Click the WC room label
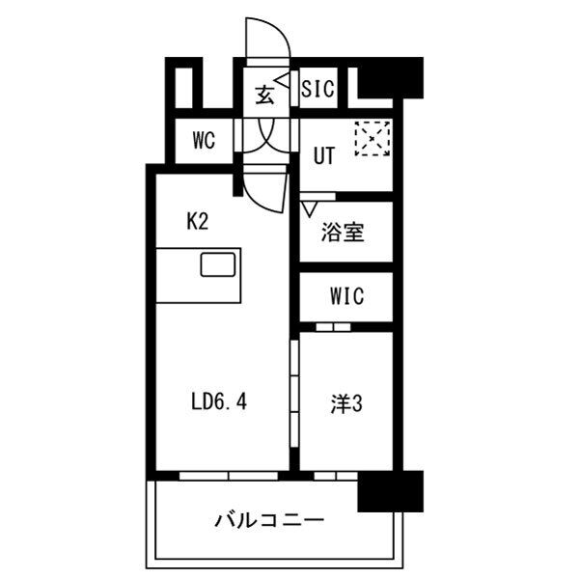[x=204, y=141]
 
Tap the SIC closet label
[x=317, y=89]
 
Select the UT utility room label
[x=324, y=155]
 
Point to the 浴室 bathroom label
[x=343, y=233]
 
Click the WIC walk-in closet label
[x=347, y=296]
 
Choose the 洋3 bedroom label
[x=346, y=403]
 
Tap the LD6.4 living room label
[x=219, y=401]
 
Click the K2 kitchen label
[x=198, y=222]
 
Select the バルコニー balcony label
[x=269, y=520]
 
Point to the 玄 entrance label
[x=264, y=95]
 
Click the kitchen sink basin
[x=218, y=264]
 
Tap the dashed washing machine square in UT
[x=372, y=139]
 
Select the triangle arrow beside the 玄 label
[x=282, y=81]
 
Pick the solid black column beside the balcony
[x=391, y=491]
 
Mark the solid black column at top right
[x=391, y=78]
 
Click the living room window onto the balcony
[x=229, y=476]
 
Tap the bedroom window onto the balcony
[x=336, y=476]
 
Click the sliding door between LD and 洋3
[x=294, y=394]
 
